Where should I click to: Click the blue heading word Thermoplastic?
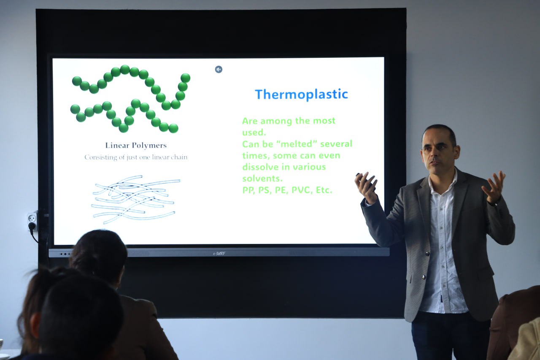click(x=301, y=94)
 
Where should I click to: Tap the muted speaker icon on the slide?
click(x=219, y=70)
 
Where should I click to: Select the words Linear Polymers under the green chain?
click(x=136, y=146)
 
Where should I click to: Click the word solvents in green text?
click(x=262, y=179)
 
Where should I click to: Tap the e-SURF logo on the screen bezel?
click(x=219, y=253)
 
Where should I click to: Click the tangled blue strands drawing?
click(x=135, y=199)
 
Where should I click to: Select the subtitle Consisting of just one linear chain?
click(x=136, y=157)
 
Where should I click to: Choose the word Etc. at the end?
click(x=324, y=190)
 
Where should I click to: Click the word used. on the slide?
click(x=254, y=133)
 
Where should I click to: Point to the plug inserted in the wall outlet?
click(x=31, y=226)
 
